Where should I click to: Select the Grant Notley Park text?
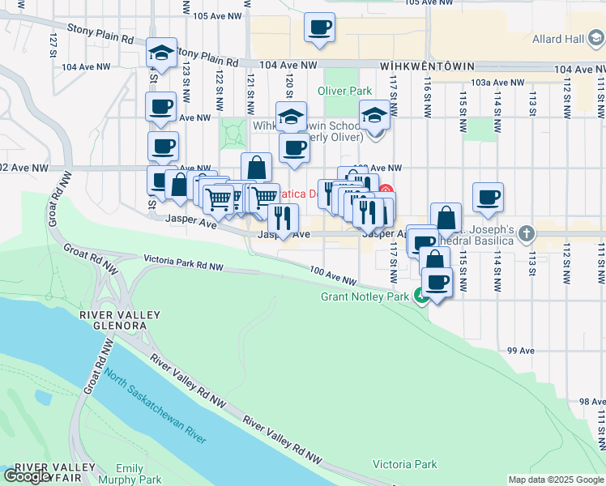[x=365, y=296]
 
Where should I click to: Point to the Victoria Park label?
[x=404, y=464]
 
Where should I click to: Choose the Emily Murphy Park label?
[x=130, y=474]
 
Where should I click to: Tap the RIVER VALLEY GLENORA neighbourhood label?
[x=113, y=320]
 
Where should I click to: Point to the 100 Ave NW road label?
[x=332, y=275]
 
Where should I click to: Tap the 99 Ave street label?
[x=522, y=351]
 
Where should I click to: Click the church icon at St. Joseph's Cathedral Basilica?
[x=527, y=234]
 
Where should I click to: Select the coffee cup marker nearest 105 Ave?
[x=319, y=28]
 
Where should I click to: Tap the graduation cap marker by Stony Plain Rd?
[x=162, y=54]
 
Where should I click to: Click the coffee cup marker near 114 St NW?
[x=488, y=197]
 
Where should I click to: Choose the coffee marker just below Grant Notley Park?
[x=437, y=282]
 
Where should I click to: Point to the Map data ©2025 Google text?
[x=556, y=480]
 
